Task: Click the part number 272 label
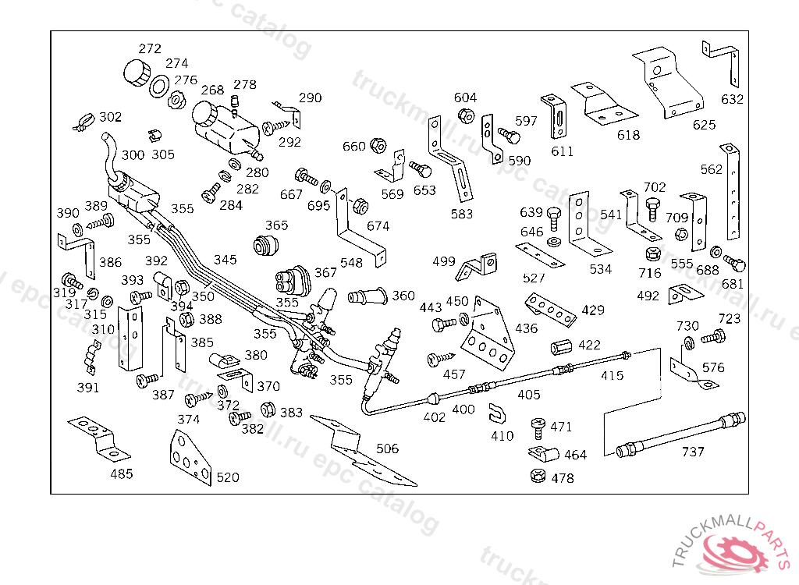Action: tap(150, 48)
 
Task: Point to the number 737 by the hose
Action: tap(693, 452)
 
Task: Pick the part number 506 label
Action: tap(387, 448)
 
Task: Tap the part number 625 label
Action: tap(704, 125)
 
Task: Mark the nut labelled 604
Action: tap(466, 115)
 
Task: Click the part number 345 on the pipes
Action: tap(225, 260)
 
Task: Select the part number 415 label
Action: tap(613, 375)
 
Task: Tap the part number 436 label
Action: tap(527, 328)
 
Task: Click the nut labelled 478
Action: tap(536, 476)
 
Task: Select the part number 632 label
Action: tap(732, 100)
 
